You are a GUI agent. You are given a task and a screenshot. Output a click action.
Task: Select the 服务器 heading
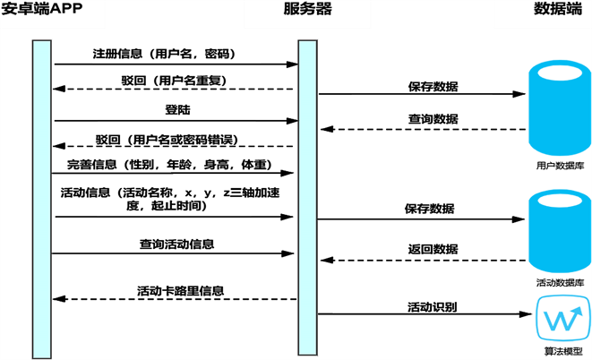coord(307,11)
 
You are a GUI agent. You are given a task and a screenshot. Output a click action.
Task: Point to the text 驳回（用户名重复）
coord(175,81)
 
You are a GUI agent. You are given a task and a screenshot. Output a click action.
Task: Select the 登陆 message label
coord(177,111)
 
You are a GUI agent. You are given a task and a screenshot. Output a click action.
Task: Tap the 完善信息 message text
coord(169,166)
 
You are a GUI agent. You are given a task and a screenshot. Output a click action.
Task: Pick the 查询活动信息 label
coord(176,244)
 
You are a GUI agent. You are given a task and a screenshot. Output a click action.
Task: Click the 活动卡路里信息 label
coord(180,291)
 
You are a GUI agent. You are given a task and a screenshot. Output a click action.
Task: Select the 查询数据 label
coord(433,118)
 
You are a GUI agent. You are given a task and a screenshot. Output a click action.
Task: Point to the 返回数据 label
coord(433,249)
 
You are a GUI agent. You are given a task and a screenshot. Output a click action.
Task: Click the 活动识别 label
coord(433,306)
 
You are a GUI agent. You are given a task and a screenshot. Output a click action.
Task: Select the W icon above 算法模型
coord(559,319)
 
